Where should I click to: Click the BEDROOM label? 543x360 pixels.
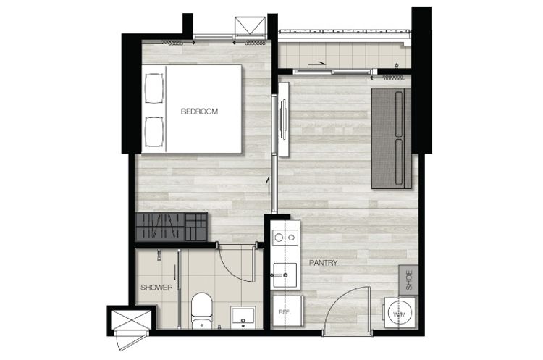[x=199, y=112]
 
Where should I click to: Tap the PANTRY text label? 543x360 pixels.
[x=323, y=263]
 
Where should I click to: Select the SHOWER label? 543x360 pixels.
[x=156, y=288]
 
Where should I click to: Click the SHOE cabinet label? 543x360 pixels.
[x=408, y=280]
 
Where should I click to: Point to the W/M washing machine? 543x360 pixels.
[x=399, y=313]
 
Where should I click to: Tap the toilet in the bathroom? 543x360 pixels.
[x=201, y=311]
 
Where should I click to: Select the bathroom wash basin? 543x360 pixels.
[x=243, y=317]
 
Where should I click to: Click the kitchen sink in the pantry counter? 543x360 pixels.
[x=285, y=275]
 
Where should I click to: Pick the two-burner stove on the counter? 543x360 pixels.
[x=285, y=238]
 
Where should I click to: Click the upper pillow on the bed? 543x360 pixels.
[x=153, y=88]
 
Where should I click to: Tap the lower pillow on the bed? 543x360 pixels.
[x=153, y=132]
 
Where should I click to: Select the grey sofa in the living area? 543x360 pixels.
[x=391, y=138]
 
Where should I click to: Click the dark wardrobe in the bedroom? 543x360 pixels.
[x=172, y=227]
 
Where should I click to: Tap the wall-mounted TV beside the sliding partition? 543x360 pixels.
[x=283, y=120]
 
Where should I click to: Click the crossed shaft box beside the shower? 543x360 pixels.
[x=131, y=320]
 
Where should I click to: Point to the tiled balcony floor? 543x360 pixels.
[x=344, y=55]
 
